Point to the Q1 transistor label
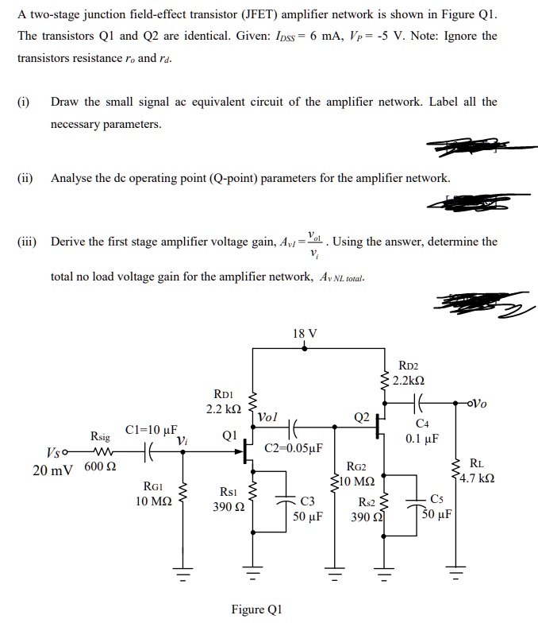[230, 435]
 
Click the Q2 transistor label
[362, 416]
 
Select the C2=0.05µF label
[294, 447]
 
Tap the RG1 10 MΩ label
[151, 493]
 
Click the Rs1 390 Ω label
[229, 499]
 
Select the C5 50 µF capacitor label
[438, 505]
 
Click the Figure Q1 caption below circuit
[256, 609]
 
